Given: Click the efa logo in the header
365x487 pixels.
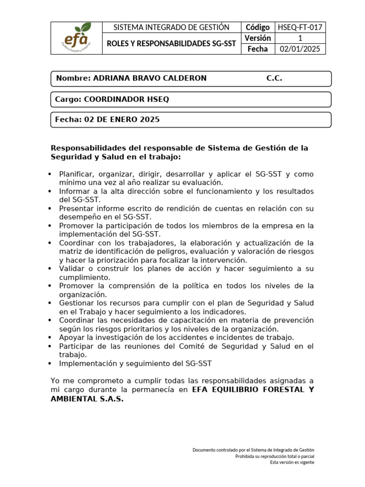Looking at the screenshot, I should (x=78, y=38).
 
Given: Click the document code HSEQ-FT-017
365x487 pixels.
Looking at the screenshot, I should (x=300, y=28).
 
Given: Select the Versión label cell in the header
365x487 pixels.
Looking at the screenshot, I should (x=258, y=38).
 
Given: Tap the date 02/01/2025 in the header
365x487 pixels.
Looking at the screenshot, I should (x=300, y=49).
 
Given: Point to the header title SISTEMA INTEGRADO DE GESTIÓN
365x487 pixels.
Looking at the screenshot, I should (x=172, y=28).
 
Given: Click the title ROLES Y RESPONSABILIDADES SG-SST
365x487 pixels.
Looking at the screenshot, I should (x=172, y=44).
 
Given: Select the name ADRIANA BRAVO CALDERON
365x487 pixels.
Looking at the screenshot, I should (x=150, y=78).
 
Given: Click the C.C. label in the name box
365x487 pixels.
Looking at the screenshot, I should (x=274, y=78).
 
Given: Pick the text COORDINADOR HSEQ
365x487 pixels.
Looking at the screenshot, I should (x=126, y=99).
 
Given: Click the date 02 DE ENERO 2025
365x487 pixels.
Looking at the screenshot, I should (x=122, y=120).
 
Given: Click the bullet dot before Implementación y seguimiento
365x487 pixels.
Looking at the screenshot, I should (x=50, y=364).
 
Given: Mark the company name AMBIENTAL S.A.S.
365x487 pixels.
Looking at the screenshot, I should (x=87, y=399).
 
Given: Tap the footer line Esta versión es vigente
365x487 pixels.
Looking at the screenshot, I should (x=292, y=462).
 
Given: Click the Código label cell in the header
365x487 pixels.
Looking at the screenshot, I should (x=258, y=28).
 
